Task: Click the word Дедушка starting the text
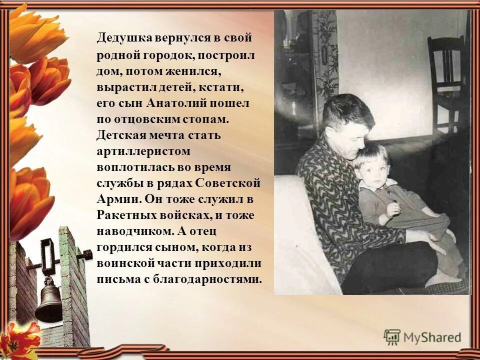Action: point(118,39)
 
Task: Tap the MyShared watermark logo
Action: point(423,337)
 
